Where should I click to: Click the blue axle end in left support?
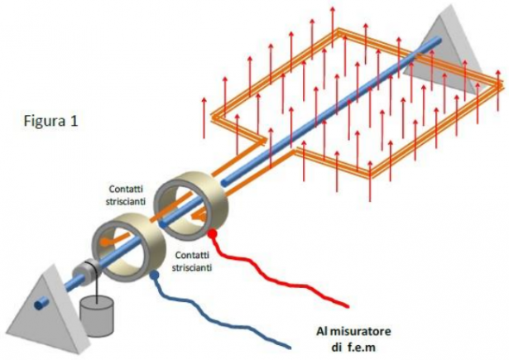coord(37,304)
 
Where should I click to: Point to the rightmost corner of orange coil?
coord(502,84)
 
